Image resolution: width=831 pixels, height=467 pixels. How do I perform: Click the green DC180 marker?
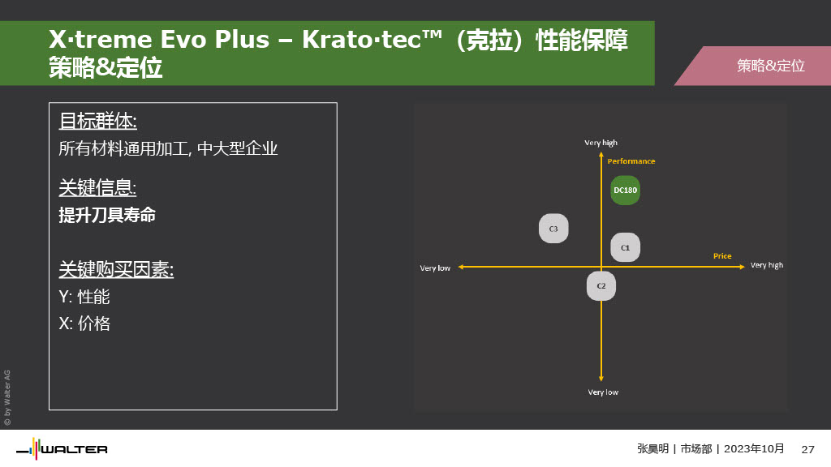(x=626, y=190)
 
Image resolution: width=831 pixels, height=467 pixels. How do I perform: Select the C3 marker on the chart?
(x=553, y=229)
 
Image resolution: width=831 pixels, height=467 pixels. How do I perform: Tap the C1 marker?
(x=626, y=247)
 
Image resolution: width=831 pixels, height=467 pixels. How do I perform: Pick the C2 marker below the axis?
(x=601, y=286)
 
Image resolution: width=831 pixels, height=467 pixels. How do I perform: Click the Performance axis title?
(x=631, y=161)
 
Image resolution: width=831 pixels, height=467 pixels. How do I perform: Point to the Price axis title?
(x=722, y=255)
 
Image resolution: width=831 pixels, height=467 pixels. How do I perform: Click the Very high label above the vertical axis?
(x=601, y=143)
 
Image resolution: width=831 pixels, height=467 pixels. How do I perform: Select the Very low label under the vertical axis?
(x=603, y=392)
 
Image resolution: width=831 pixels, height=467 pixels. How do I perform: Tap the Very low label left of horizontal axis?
(x=435, y=268)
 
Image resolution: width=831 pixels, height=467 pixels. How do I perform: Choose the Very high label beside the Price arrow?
(x=767, y=265)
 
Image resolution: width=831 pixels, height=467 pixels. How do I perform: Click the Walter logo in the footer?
(x=62, y=449)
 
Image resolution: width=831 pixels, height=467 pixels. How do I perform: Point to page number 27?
(x=807, y=449)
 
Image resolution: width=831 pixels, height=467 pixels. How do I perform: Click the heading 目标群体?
(x=98, y=122)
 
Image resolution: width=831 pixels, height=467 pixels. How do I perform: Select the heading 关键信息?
(x=97, y=187)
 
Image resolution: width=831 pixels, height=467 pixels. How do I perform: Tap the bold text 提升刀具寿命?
(x=107, y=215)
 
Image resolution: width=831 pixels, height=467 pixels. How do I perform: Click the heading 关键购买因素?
(x=116, y=269)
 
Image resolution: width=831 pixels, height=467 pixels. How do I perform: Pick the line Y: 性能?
(x=84, y=297)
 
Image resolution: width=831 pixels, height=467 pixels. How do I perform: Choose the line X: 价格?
(x=84, y=323)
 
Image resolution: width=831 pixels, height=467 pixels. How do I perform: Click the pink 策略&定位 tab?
(x=752, y=66)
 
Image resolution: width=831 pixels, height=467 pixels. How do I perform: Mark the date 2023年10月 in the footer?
(x=754, y=449)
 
